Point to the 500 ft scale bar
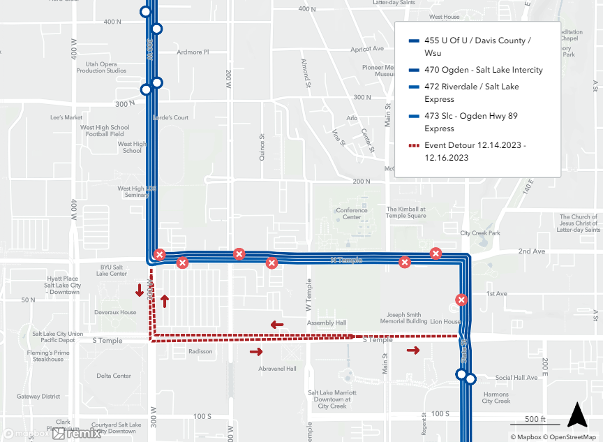[x=534, y=421]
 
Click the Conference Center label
[x=352, y=214]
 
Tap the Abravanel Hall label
[x=277, y=369]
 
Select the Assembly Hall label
[x=327, y=323]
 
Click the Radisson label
[x=200, y=351]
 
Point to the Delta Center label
[x=114, y=376]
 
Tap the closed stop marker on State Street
[x=461, y=300]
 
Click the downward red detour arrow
[x=140, y=290]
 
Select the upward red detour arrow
[x=165, y=301]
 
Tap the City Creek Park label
[x=480, y=233]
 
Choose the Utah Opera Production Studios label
[x=101, y=66]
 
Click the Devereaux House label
[x=118, y=312]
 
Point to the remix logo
[x=77, y=434]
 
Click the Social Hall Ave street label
[x=516, y=378]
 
